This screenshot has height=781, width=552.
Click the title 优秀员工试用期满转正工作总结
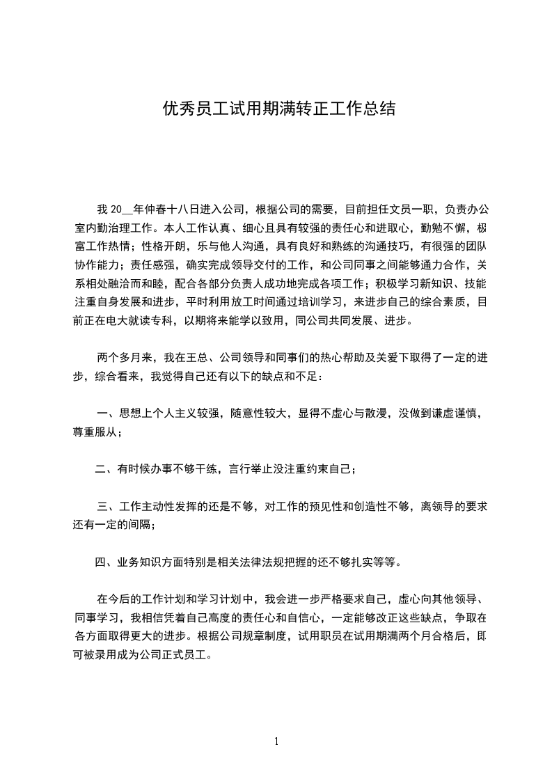[278, 109]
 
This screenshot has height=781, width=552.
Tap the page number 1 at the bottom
[276, 741]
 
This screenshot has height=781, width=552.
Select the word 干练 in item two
[203, 468]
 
